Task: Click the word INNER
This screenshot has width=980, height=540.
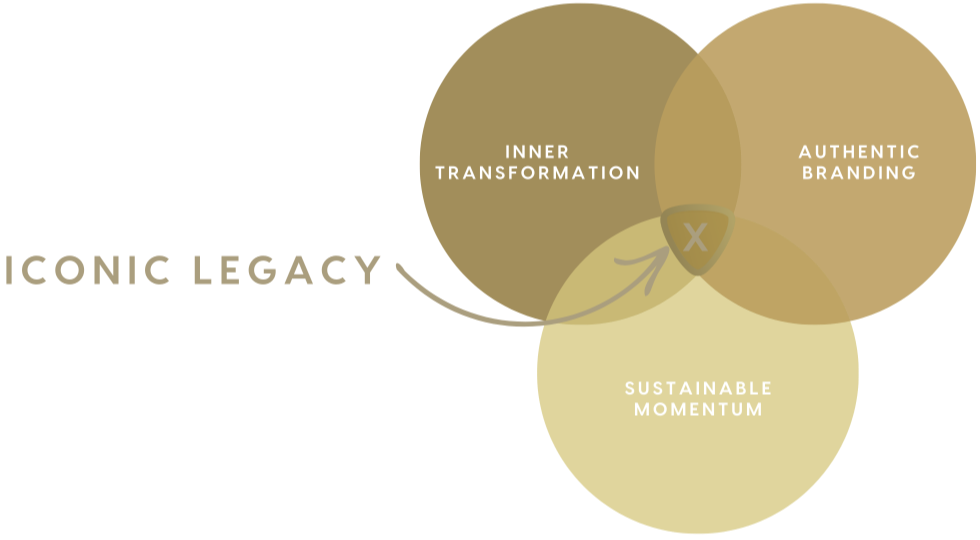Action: [x=537, y=152]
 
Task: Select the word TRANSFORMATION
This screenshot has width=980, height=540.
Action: [x=537, y=173]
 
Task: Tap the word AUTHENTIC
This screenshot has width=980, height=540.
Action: [x=859, y=152]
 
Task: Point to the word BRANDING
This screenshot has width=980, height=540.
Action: [x=859, y=173]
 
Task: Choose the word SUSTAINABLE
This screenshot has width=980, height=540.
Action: [x=698, y=388]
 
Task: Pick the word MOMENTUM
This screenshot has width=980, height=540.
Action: [x=698, y=409]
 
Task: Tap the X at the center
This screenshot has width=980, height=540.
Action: [x=695, y=238]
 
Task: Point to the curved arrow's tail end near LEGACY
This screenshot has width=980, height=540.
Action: [x=399, y=267]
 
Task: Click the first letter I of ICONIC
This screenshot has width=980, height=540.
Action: [x=9, y=270]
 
